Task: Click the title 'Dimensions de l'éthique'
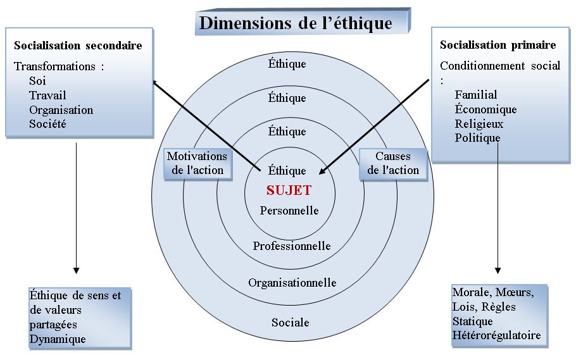pos(296,23)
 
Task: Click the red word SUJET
pos(289,190)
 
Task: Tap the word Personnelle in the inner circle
pos(289,210)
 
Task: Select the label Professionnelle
pos(292,245)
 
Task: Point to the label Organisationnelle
pos(292,282)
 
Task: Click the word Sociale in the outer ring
pos(291,323)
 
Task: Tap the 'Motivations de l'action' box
pos(196,163)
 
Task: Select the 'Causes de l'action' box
pos(392,163)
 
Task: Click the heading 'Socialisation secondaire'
pos(78,46)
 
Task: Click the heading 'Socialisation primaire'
pos(498,45)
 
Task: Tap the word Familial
pos(476,95)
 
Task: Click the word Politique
pos(477,137)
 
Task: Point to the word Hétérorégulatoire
pos(496,335)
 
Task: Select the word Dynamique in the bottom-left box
pos(58,339)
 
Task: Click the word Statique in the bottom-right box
pos(472,321)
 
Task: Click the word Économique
pos(485,109)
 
